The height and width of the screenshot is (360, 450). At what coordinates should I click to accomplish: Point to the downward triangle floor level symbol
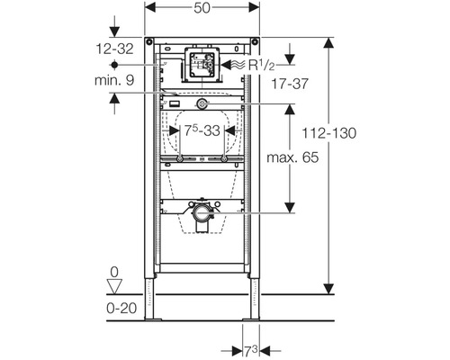coord(113,286)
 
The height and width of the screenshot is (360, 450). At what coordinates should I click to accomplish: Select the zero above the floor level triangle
coord(113,271)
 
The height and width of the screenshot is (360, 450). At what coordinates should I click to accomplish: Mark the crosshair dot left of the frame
coord(115,67)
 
